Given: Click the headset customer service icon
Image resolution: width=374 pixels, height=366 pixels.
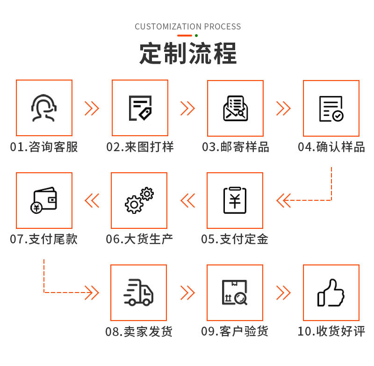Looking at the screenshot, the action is pos(44,108).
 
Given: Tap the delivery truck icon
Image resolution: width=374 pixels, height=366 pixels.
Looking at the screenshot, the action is pos(138,293).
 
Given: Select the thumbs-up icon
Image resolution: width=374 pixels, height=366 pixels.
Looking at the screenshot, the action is pos(331,293).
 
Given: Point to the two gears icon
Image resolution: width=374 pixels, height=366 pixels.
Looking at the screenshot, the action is pos(139,200).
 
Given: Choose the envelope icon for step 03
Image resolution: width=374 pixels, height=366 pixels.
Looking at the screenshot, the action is pos(235,108).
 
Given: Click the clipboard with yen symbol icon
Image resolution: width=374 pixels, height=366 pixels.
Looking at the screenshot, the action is pos(235,200).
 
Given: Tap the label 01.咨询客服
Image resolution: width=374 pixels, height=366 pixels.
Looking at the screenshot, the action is pos(44,147).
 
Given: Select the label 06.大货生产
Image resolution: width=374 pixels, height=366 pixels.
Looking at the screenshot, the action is pos(139,239).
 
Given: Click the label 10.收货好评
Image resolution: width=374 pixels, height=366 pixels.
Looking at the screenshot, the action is pos(331,331).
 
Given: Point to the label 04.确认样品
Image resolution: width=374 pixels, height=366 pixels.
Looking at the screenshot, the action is pos(331,147).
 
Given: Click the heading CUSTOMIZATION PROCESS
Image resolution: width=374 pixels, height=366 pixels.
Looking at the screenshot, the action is pos(188,26).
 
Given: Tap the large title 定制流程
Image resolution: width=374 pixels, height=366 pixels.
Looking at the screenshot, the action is pos(188,53).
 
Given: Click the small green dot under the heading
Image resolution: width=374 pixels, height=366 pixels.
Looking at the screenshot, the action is pos(196,36).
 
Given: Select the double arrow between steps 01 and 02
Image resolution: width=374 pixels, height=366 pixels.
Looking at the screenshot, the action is pos(92,108).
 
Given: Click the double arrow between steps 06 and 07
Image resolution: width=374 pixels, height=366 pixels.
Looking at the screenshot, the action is pos(92,200).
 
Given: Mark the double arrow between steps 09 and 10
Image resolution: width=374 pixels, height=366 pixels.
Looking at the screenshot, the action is pos(283,293).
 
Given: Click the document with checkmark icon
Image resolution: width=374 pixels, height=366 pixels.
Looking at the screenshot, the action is pos(331,108).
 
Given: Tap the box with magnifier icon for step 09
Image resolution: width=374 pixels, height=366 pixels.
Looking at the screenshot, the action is pos(235,293).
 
